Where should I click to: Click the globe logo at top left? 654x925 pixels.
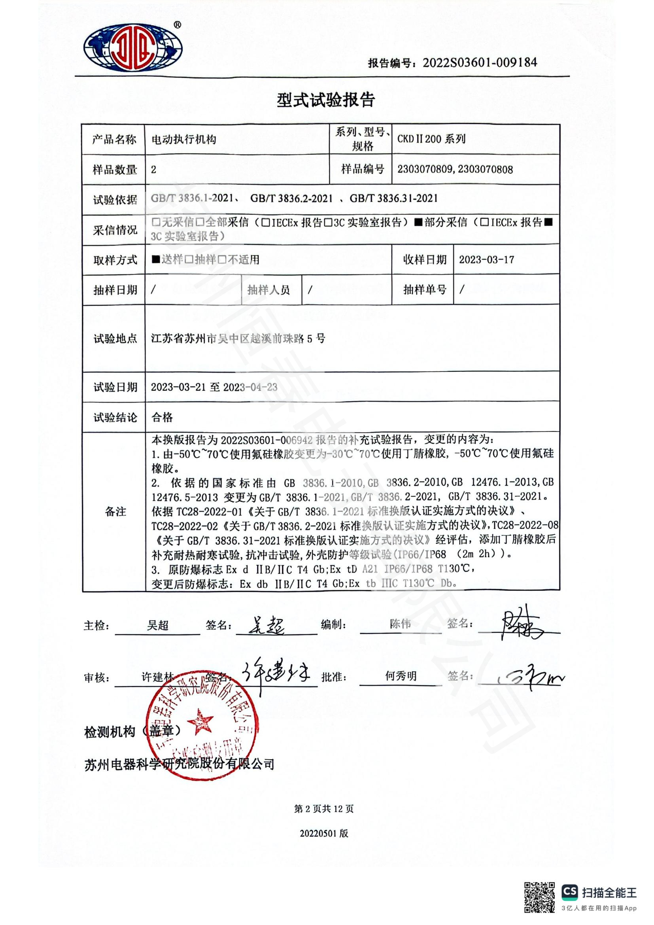pos(133,48)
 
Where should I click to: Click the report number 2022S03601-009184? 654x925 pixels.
pos(480,62)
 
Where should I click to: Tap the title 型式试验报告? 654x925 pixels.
pos(326,100)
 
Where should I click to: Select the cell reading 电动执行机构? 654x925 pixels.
pos(183,139)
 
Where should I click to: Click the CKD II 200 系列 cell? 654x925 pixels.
pos(431,139)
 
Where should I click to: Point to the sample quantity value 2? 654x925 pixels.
pos(153,170)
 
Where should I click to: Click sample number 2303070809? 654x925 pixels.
pos(425,169)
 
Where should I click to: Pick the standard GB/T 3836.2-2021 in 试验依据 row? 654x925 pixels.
pos(291,198)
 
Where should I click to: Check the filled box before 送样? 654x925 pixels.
pos(155,259)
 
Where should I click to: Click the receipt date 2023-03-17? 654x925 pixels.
pos(486,259)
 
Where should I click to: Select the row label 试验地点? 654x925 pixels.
pos(115,339)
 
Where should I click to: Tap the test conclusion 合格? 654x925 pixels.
pos(162,417)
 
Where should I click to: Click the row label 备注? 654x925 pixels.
pos(115,512)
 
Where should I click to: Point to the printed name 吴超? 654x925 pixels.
pos(157,625)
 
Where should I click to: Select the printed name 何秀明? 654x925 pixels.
pos(400,676)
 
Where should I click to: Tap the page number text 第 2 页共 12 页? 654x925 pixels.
pos(324,809)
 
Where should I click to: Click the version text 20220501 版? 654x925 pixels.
pos(324,834)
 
